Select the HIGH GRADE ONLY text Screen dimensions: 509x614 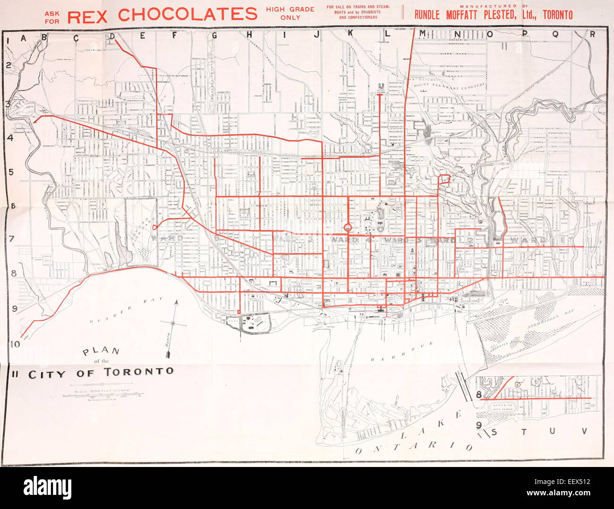(x=290, y=13)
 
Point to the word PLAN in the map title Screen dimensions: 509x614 (x=101, y=352)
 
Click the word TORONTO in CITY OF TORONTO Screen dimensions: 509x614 (x=139, y=372)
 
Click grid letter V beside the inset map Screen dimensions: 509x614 (x=584, y=431)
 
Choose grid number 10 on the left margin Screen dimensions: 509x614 (x=15, y=344)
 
